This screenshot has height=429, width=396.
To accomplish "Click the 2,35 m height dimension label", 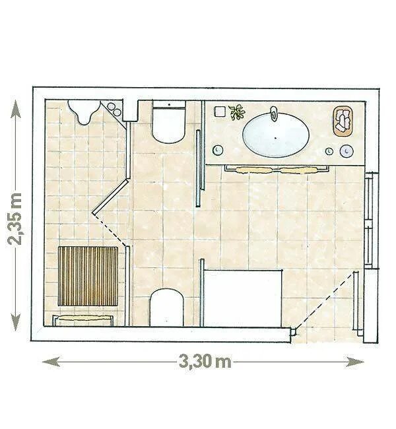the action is [x=15, y=219].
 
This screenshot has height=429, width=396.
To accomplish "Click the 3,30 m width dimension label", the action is [x=205, y=361].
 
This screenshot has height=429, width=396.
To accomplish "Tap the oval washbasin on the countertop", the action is [x=276, y=135].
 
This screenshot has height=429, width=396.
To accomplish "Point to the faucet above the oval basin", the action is [x=273, y=113].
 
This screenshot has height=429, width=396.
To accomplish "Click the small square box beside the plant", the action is [x=220, y=112].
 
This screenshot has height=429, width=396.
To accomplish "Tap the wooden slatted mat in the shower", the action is [x=88, y=276].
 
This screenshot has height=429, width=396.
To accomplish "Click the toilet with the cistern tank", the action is [x=169, y=121].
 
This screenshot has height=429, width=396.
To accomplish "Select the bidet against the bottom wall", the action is [x=166, y=308].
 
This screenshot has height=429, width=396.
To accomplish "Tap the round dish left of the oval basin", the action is [x=218, y=150].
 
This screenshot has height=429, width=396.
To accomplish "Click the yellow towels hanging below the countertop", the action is [x=277, y=170].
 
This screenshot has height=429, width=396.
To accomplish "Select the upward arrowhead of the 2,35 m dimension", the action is [x=16, y=108].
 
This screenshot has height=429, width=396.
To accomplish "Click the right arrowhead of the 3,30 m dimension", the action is [x=354, y=362].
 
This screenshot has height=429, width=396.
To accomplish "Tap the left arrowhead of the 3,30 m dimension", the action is [x=51, y=362].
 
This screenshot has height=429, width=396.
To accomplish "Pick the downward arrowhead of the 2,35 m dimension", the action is [x=16, y=322].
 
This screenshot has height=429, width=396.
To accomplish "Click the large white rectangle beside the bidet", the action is [x=243, y=298].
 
